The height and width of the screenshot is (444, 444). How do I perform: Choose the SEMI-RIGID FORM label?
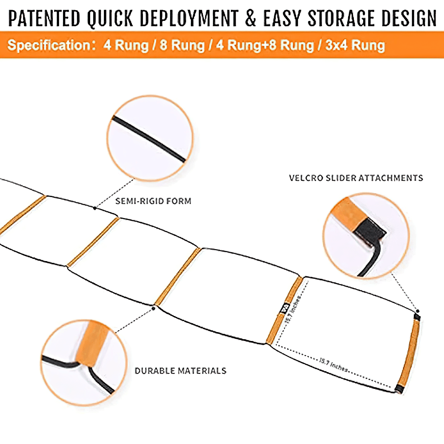153,201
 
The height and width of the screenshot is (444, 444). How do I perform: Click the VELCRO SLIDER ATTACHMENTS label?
356,178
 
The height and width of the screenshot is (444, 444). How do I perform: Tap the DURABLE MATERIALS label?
180,371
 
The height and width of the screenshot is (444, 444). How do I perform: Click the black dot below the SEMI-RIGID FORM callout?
95,207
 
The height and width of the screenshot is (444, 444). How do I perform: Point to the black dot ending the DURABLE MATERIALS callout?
154,307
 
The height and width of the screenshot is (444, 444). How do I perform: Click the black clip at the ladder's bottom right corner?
398,389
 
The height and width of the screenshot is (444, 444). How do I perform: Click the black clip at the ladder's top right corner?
416,316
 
